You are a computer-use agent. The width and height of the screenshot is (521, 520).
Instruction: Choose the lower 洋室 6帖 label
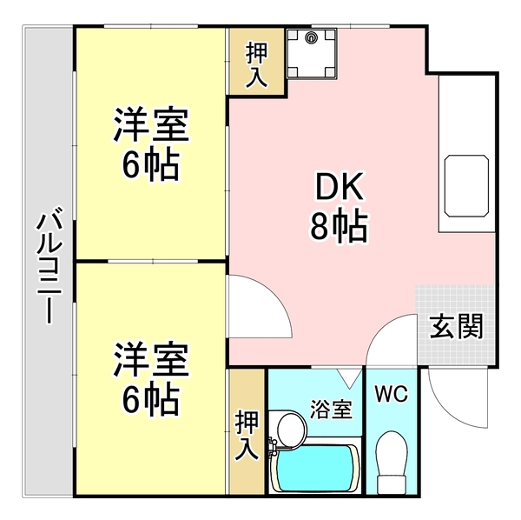point(149,378)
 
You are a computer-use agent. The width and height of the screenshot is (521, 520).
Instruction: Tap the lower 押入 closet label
point(246,435)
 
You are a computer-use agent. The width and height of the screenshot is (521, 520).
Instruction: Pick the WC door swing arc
point(380,343)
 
